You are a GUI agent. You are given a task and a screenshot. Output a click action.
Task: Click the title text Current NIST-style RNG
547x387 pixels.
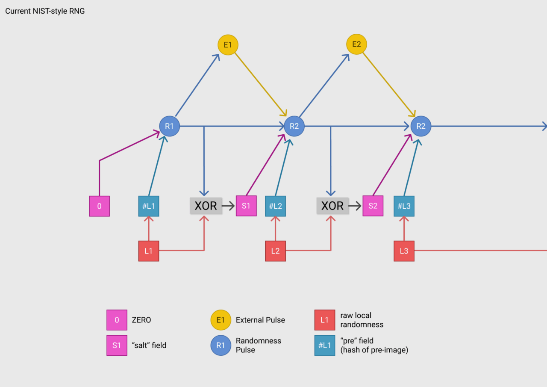(45, 11)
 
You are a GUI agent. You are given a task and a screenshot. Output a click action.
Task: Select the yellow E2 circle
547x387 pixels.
(356, 44)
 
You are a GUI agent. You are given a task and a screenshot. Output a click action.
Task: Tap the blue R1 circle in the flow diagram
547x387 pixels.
(170, 126)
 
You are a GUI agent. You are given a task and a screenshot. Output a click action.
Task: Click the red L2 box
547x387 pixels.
(276, 251)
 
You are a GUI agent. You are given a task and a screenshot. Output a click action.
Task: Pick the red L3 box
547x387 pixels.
(404, 251)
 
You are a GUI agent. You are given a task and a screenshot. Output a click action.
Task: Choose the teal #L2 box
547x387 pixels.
(276, 206)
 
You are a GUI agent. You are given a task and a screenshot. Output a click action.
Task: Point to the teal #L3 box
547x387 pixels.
(404, 206)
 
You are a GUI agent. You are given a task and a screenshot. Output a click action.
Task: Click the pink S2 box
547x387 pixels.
(373, 206)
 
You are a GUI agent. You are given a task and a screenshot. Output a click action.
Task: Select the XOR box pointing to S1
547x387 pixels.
(206, 206)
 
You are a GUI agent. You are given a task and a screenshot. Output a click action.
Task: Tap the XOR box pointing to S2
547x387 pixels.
(332, 206)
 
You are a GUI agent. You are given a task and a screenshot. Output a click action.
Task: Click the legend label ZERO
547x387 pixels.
(141, 320)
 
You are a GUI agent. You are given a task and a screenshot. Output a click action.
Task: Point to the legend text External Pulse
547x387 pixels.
(260, 320)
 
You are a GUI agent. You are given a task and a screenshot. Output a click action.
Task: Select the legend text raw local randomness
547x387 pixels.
(362, 320)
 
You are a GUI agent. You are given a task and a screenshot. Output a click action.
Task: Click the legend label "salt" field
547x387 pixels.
(149, 345)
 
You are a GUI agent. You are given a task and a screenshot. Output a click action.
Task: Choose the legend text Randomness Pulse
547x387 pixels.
(259, 345)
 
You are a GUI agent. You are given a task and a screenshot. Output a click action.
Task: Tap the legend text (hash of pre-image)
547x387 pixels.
(374, 350)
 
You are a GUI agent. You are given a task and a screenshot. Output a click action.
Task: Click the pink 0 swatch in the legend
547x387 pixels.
(117, 320)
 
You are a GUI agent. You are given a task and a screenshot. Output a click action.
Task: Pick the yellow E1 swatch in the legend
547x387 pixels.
(221, 320)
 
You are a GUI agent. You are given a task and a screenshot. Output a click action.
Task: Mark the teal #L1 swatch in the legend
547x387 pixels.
(325, 345)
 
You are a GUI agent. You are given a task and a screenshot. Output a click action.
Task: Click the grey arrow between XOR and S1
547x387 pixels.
(228, 206)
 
